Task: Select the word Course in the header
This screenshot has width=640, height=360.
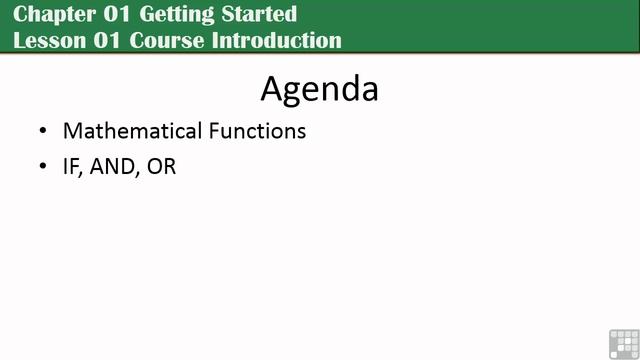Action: (x=166, y=40)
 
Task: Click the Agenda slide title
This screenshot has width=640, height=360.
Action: (x=319, y=88)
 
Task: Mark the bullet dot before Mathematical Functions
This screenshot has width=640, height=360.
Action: (x=42, y=132)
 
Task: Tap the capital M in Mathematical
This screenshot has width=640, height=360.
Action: (x=72, y=131)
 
